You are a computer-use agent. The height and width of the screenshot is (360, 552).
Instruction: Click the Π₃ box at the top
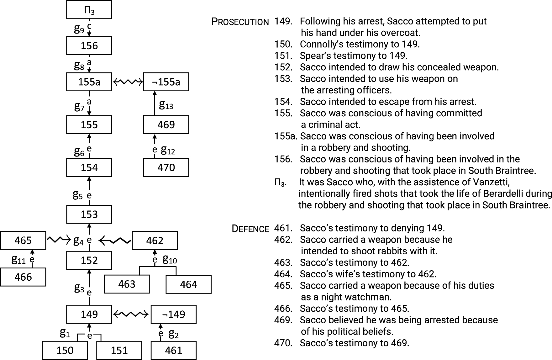(89, 10)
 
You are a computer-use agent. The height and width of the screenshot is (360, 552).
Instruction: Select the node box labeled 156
(89, 46)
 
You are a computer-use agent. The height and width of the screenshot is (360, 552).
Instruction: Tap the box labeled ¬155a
(166, 82)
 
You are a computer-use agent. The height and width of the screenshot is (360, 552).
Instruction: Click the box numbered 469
(166, 125)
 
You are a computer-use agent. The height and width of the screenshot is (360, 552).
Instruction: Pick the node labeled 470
(166, 167)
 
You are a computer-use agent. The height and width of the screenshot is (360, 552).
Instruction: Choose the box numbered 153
(89, 214)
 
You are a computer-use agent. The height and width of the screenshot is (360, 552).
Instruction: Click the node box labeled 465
(23, 241)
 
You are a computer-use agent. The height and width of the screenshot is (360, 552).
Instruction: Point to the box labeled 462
(155, 241)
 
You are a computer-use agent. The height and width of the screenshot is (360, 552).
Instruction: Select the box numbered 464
(188, 284)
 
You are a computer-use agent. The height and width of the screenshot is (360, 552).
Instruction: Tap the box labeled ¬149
(174, 314)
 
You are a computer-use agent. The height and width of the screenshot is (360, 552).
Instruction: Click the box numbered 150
(65, 350)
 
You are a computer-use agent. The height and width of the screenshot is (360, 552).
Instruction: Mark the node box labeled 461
(174, 350)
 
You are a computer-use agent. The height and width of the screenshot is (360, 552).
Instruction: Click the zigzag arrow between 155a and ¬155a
(128, 82)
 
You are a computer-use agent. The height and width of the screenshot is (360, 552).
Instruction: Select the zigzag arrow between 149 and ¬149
(131, 314)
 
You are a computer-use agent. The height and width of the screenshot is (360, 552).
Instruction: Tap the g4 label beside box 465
(78, 241)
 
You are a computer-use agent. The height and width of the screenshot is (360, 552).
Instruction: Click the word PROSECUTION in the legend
(240, 22)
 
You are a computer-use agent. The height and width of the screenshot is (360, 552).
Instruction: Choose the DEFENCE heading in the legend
(250, 229)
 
